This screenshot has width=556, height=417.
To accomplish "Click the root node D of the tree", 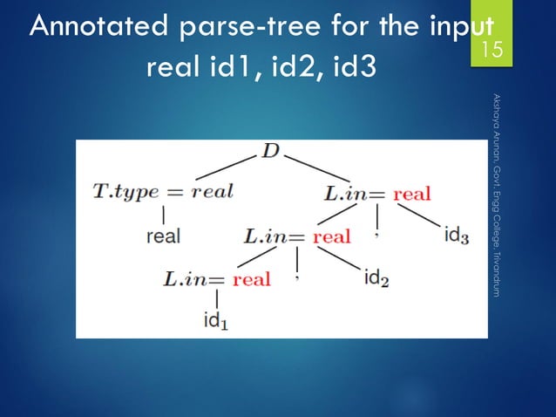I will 270,154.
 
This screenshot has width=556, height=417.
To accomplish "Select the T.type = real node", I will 164,192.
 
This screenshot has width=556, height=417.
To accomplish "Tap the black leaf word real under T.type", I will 164,236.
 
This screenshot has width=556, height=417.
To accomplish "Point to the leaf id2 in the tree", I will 376,279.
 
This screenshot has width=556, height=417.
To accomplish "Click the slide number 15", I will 493,51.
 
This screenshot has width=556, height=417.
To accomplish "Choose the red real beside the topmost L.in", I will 412,193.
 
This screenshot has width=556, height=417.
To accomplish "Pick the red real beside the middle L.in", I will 332,236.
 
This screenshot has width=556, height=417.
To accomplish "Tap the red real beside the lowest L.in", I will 252,280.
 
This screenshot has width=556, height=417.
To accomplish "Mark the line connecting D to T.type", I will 222,167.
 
